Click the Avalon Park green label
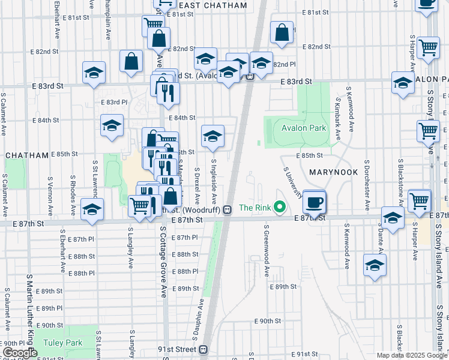(x=297, y=128)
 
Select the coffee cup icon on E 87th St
(x=314, y=202)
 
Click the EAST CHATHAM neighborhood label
(x=213, y=5)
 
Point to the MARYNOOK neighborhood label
(x=334, y=172)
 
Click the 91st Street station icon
(x=203, y=349)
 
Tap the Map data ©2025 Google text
(x=412, y=355)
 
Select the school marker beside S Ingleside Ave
(x=212, y=137)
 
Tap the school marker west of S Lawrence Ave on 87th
(x=92, y=210)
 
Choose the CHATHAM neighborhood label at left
(x=27, y=155)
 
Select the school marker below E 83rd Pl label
(x=112, y=126)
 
